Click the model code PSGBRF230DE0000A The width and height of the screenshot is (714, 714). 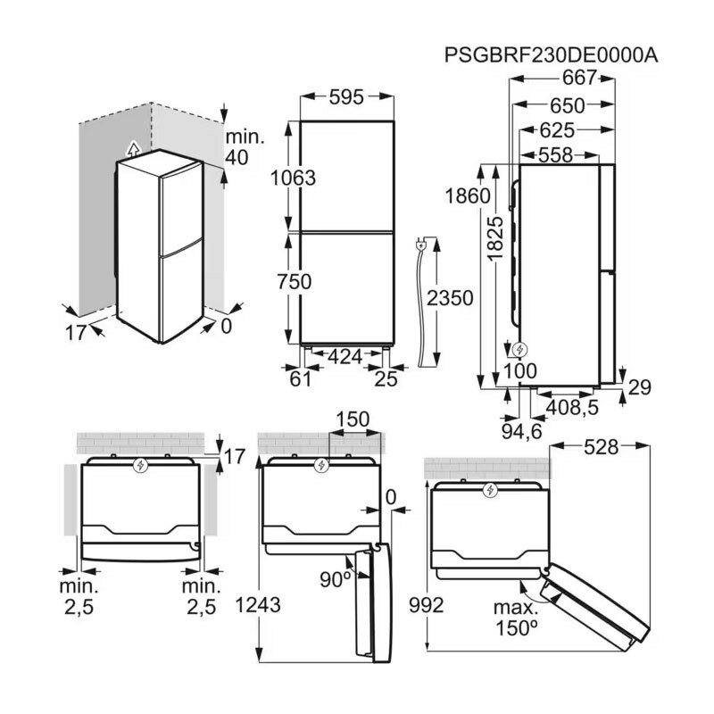coord(551,55)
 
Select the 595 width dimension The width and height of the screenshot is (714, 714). coord(346,97)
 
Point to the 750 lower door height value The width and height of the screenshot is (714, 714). coord(294,282)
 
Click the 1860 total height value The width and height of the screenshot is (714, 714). coord(469,196)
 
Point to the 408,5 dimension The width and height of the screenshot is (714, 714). coord(572,406)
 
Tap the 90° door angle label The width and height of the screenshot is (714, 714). coord(336,579)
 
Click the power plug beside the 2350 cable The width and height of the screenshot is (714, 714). coord(420,243)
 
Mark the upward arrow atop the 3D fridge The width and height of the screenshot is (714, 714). coord(133,147)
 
